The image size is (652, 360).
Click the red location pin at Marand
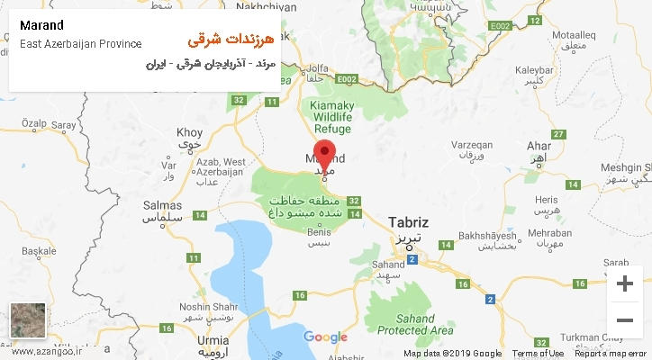coord(324,153)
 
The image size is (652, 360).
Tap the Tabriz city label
coord(408,221)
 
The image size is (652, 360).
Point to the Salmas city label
coord(163,205)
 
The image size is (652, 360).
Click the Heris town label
coord(546,199)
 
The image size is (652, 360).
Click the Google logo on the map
coord(325,337)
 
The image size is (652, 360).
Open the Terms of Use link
coord(538,354)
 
